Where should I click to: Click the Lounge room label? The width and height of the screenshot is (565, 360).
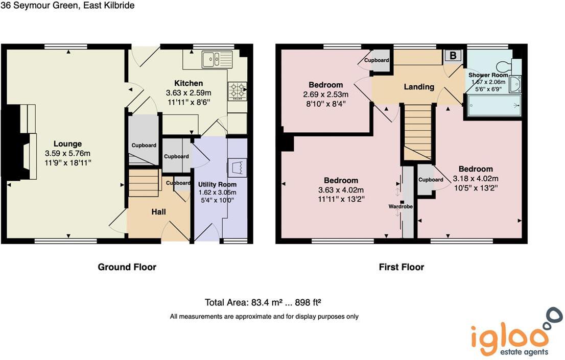point(67,144)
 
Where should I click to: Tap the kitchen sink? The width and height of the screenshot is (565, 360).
point(217,59)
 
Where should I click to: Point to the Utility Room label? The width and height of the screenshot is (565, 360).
point(217,184)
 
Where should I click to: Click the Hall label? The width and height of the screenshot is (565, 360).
point(158,211)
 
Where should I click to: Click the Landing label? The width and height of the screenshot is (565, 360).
point(419,87)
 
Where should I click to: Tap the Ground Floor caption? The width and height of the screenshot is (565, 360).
point(127,267)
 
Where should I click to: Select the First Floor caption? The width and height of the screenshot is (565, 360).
point(402,267)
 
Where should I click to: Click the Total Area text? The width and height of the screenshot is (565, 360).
point(266,302)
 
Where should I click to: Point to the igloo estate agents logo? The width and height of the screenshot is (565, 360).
point(511,334)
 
